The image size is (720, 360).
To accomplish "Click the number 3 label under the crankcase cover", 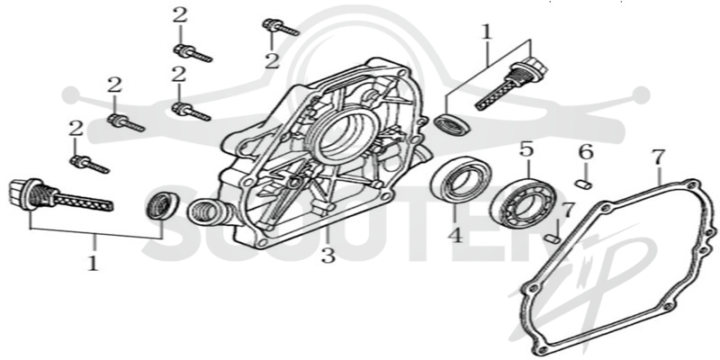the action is [328, 256].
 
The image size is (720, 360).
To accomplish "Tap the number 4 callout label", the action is [454, 236].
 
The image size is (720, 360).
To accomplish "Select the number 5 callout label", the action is [526, 149].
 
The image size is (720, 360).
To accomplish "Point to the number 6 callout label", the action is [586, 152].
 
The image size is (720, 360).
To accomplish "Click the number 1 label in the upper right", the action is [486, 32].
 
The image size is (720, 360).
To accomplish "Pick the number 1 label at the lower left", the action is [94, 263].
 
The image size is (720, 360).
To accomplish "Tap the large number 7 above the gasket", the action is [658, 157].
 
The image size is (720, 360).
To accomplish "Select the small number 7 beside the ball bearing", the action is [569, 211].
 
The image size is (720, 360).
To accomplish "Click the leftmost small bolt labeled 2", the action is [89, 165].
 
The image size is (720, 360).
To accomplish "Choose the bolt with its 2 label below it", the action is [281, 27].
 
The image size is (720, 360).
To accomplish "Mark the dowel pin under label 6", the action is [583, 184].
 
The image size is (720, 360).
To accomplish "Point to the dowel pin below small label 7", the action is [553, 238].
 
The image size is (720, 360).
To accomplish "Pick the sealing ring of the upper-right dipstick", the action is [453, 123].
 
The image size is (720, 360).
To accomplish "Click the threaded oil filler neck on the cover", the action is [208, 211].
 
